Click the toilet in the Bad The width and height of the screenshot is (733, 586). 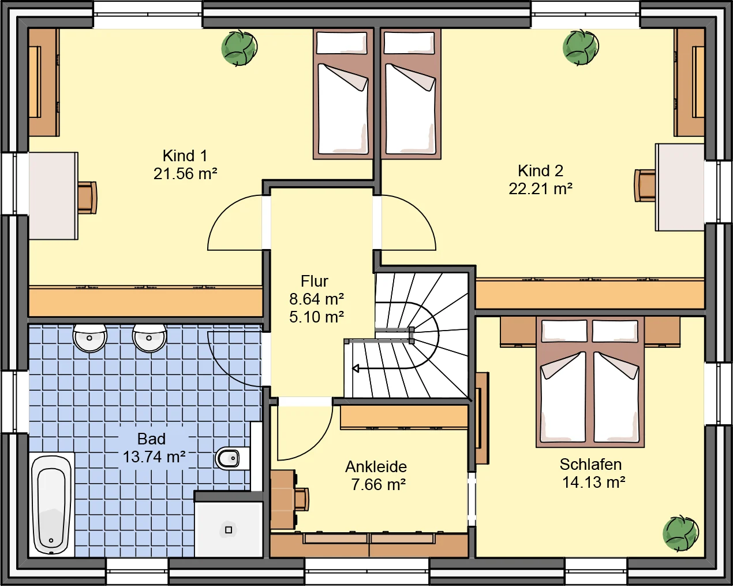point(231,458)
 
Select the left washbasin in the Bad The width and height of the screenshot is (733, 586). point(89,337)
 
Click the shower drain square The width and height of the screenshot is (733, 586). point(229,530)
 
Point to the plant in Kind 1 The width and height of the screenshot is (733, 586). point(239,47)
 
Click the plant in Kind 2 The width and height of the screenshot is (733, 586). point(581,47)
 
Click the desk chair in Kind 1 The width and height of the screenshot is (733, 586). point(87,198)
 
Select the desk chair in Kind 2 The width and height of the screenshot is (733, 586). point(645,186)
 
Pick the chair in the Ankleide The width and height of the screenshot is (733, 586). point(302,500)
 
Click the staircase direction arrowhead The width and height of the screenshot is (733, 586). point(356,368)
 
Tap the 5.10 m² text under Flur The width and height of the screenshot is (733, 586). point(316,317)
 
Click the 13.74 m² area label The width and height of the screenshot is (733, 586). point(154,457)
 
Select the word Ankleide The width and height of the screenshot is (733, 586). point(376,467)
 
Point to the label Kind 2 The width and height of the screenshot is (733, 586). point(541,171)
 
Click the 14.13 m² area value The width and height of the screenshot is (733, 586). point(594,483)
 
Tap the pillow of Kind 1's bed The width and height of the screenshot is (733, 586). point(342,43)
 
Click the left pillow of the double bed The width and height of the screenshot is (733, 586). point(564,331)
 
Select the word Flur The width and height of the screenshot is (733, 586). point(315,281)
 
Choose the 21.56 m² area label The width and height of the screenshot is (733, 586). point(185,174)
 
